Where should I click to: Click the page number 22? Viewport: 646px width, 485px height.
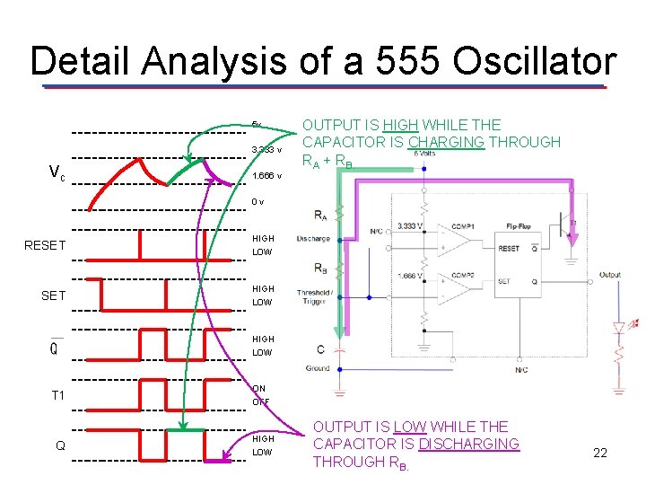600,453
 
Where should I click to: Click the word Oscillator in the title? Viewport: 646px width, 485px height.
535,62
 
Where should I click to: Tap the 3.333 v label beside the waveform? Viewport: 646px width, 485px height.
266,149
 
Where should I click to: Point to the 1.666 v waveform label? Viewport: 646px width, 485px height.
266,176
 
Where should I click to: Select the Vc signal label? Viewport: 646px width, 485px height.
56,173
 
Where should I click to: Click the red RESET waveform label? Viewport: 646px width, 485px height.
46,244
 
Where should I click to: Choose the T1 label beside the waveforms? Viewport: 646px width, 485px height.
57,395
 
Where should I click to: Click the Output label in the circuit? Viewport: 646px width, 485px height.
610,275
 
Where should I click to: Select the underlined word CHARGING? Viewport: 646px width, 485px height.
446,142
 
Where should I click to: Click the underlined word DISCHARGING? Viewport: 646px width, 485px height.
468,444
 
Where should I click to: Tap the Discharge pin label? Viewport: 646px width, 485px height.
312,239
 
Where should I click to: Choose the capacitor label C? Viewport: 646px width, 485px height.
320,348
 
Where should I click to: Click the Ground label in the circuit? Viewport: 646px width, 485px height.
318,367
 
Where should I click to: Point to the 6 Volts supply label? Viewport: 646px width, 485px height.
424,154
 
